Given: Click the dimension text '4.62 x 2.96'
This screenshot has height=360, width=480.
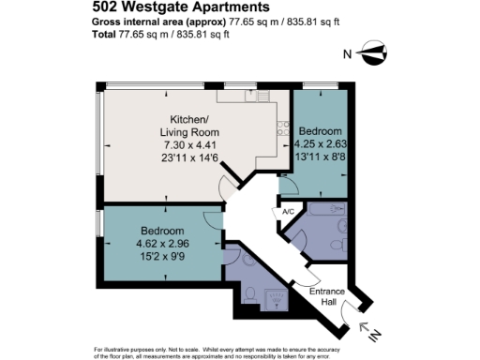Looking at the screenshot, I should [x=162, y=242].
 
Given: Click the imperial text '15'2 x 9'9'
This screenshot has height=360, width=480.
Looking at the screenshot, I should [x=162, y=254].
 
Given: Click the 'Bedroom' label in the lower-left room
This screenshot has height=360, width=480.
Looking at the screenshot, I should [x=162, y=230].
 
